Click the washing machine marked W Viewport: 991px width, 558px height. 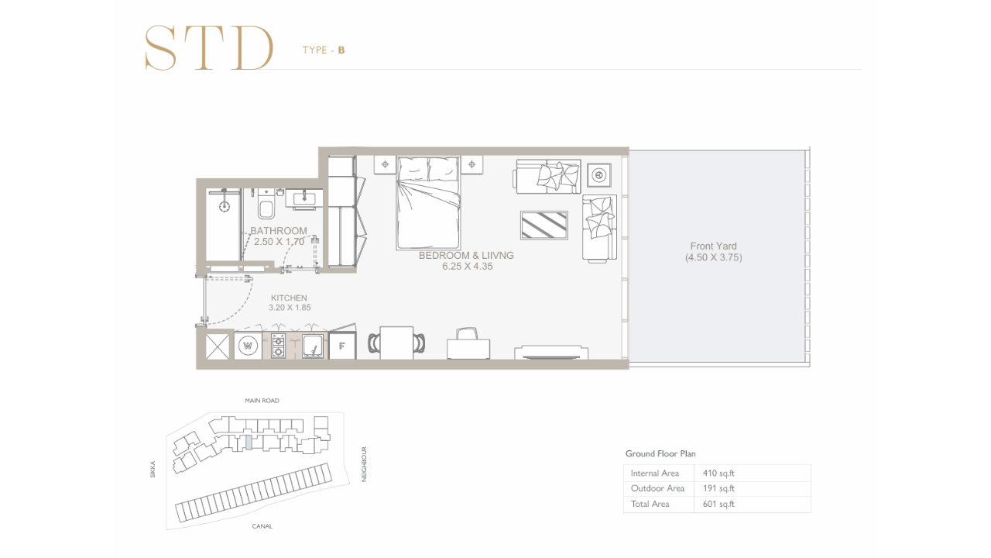(x=248, y=346)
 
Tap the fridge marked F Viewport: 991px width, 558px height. (x=342, y=346)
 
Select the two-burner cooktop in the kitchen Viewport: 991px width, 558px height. (x=278, y=346)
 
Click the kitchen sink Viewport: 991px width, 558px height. (x=313, y=346)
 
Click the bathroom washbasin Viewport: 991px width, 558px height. (x=304, y=198)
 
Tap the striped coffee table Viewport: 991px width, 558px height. (x=544, y=226)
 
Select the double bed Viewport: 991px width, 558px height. (x=428, y=202)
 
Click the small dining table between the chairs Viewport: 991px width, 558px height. (x=396, y=343)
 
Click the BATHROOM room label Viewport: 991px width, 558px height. (x=278, y=231)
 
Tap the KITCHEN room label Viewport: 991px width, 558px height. (x=289, y=298)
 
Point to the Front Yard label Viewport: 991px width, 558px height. (x=713, y=246)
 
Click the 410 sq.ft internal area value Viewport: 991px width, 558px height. (x=718, y=473)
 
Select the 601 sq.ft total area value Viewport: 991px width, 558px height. (x=718, y=504)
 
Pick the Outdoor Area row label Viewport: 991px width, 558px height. (x=657, y=488)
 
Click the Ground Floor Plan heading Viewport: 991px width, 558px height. (x=660, y=453)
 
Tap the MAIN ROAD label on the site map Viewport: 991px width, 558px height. (x=262, y=401)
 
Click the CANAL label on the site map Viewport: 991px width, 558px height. (x=262, y=526)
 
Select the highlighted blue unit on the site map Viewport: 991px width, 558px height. (x=249, y=443)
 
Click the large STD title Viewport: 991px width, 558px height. (x=209, y=48)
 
